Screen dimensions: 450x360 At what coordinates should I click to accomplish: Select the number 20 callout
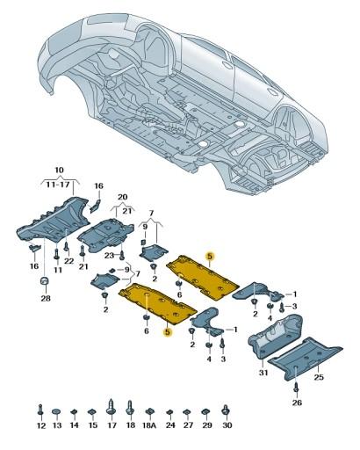123,197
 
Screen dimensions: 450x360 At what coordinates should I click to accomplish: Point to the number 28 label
44,299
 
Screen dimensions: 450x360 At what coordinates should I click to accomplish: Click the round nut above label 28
44,281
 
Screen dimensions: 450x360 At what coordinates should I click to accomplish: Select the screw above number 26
296,388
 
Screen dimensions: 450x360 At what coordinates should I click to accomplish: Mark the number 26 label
297,403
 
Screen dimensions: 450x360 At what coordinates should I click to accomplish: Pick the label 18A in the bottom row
148,425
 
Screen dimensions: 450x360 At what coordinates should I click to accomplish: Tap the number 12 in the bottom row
40,425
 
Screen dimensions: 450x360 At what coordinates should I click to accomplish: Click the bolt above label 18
130,409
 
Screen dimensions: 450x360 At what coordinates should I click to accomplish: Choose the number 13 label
56,425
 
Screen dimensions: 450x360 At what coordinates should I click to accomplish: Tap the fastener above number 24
169,411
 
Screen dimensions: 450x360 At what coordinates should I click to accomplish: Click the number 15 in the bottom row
92,425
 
